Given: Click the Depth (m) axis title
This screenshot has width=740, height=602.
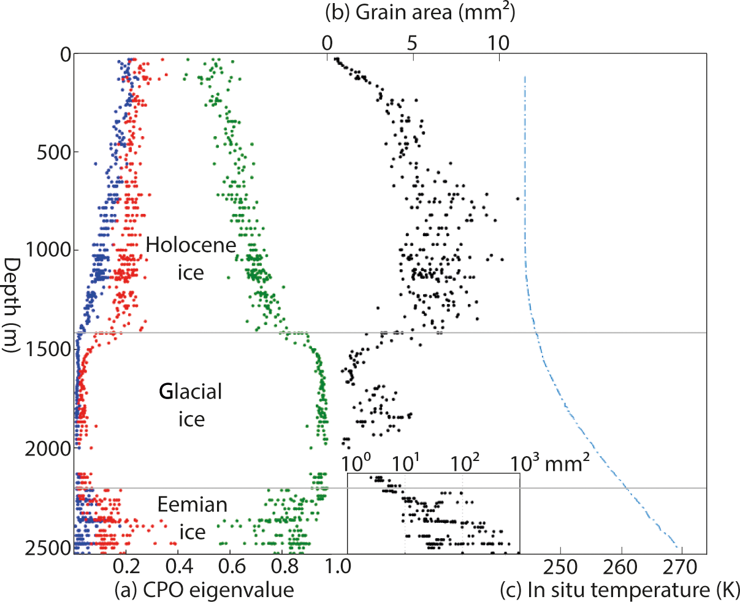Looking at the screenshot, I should (x=12, y=304).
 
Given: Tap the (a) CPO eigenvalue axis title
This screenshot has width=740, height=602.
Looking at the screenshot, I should (x=204, y=590).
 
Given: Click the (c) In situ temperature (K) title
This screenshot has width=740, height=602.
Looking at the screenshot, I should (x=619, y=590).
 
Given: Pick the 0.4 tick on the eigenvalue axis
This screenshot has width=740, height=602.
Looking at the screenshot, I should (x=178, y=566).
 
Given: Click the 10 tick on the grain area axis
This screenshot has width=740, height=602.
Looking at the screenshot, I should (x=498, y=43).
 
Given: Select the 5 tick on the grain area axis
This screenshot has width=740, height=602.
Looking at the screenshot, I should (x=412, y=43).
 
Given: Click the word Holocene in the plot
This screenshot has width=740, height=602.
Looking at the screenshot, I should (x=191, y=246).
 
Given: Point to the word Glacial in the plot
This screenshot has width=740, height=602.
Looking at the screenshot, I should (x=191, y=392).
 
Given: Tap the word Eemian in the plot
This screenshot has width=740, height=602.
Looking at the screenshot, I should (x=192, y=505).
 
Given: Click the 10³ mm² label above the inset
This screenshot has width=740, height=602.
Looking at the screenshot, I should (x=551, y=463).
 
